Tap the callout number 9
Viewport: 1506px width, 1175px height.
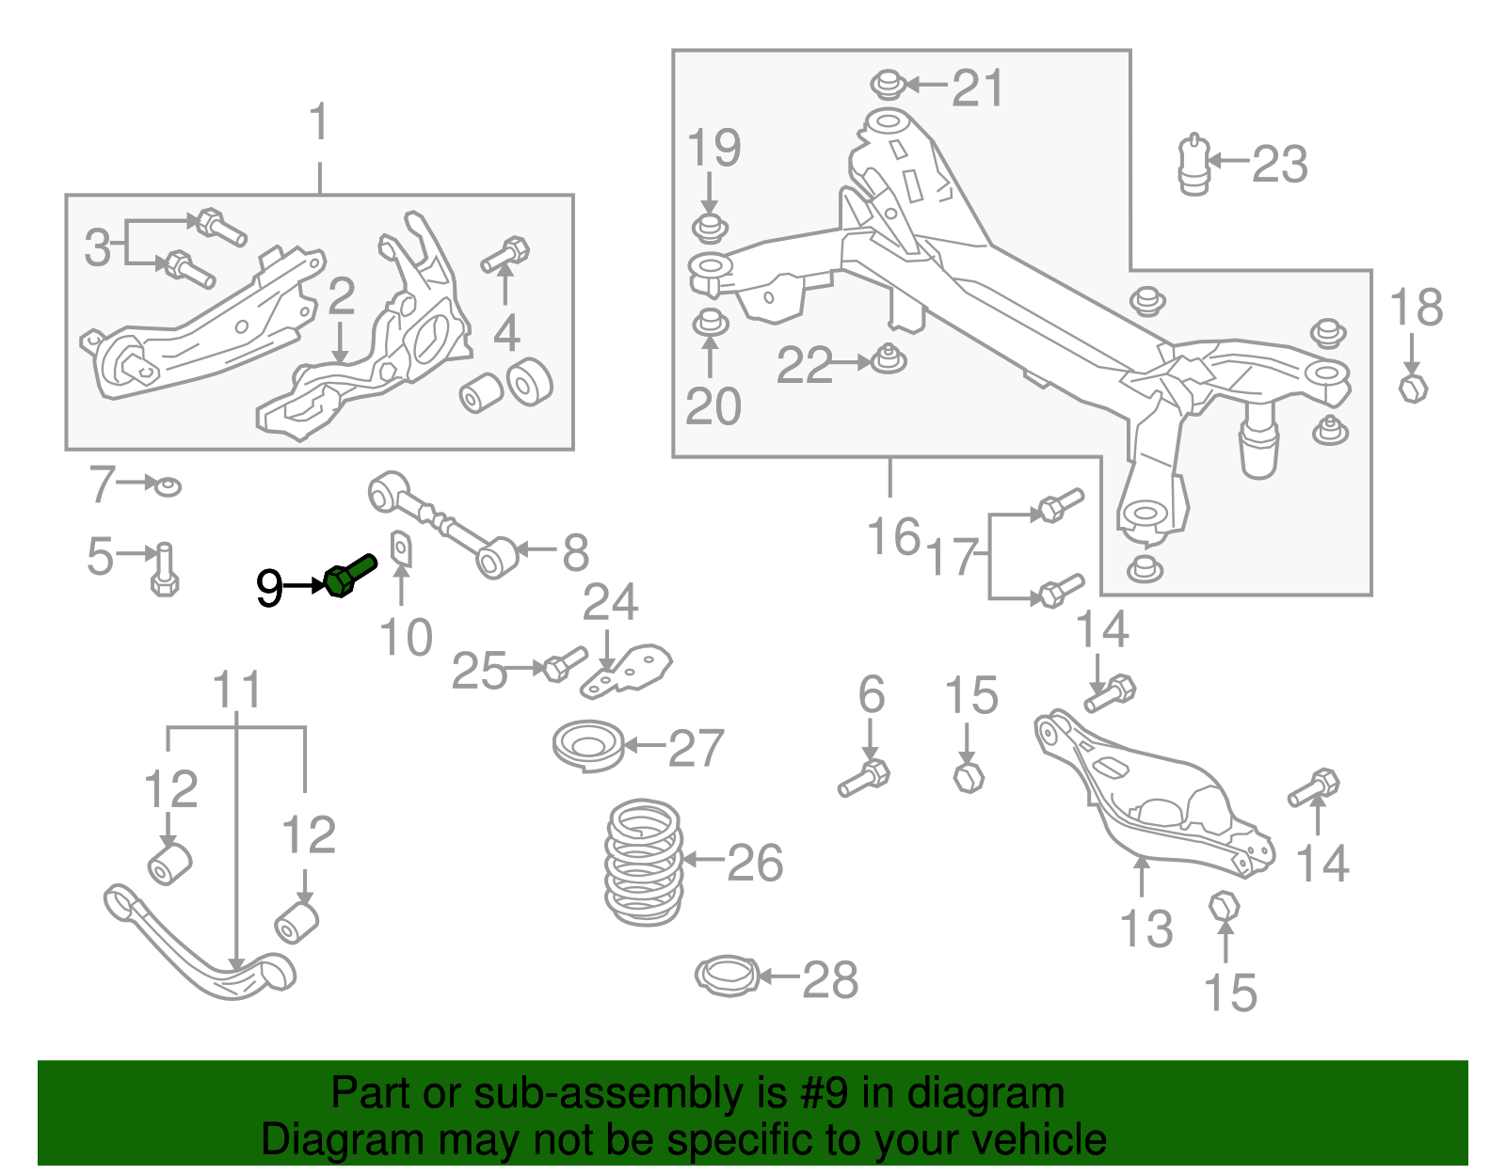[269, 589]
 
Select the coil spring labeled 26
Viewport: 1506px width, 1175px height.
[644, 862]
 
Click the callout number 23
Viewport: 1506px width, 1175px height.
[1279, 165]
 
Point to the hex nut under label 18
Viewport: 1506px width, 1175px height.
[1413, 387]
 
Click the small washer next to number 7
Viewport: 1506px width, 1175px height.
[168, 486]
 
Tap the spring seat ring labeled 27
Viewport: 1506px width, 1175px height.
[588, 746]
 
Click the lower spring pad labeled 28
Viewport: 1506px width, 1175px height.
[727, 976]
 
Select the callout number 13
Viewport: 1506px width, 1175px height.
[1146, 929]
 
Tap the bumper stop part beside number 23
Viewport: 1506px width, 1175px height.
[1194, 166]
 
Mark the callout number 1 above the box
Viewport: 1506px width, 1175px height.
[320, 123]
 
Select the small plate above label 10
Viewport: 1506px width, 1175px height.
[401, 547]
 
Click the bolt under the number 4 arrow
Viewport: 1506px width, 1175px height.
[506, 255]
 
